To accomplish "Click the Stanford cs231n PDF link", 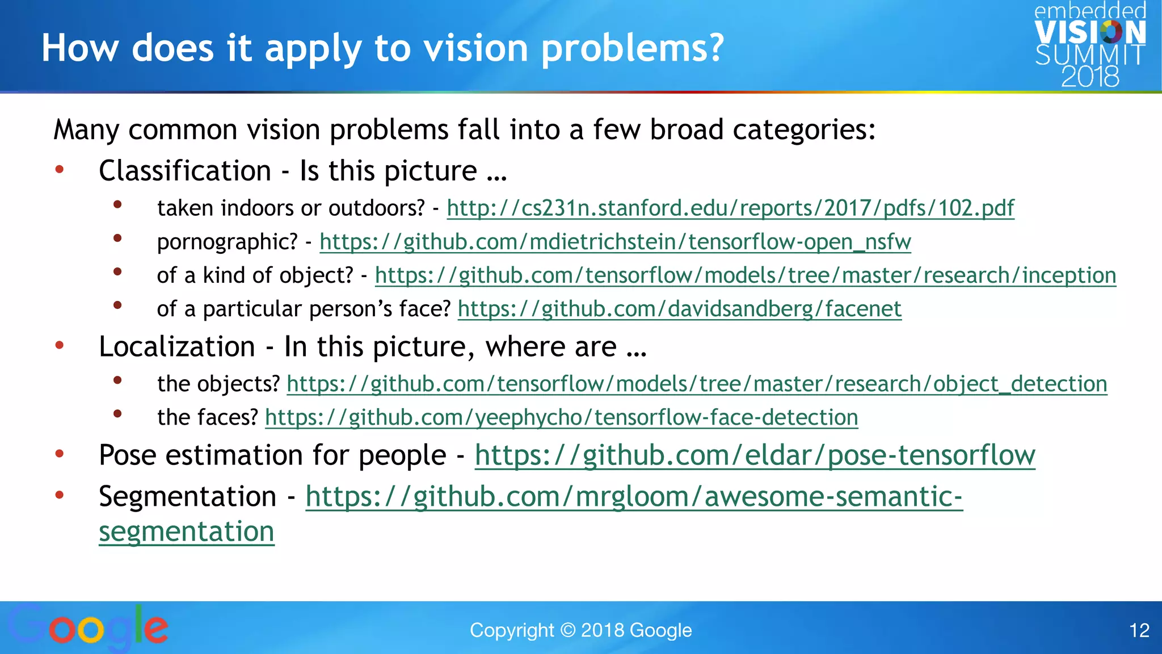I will (730, 208).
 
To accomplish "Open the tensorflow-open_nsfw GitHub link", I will (615, 242).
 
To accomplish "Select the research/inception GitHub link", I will (745, 275).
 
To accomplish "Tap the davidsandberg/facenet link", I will (679, 309).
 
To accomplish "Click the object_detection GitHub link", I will (697, 384).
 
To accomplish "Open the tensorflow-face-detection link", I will (561, 417).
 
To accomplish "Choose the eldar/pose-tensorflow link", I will (755, 455).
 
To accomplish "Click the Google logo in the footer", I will (88, 628).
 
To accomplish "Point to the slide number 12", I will (1139, 630).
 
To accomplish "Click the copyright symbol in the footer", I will (567, 630).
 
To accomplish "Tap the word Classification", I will (185, 171).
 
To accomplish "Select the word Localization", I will (177, 347).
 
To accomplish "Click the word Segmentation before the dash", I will (187, 497).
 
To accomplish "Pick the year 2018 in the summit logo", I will (1090, 77).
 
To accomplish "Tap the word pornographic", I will (227, 242).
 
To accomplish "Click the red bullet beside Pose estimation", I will (60, 454).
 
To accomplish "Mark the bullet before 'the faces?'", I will (117, 414).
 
